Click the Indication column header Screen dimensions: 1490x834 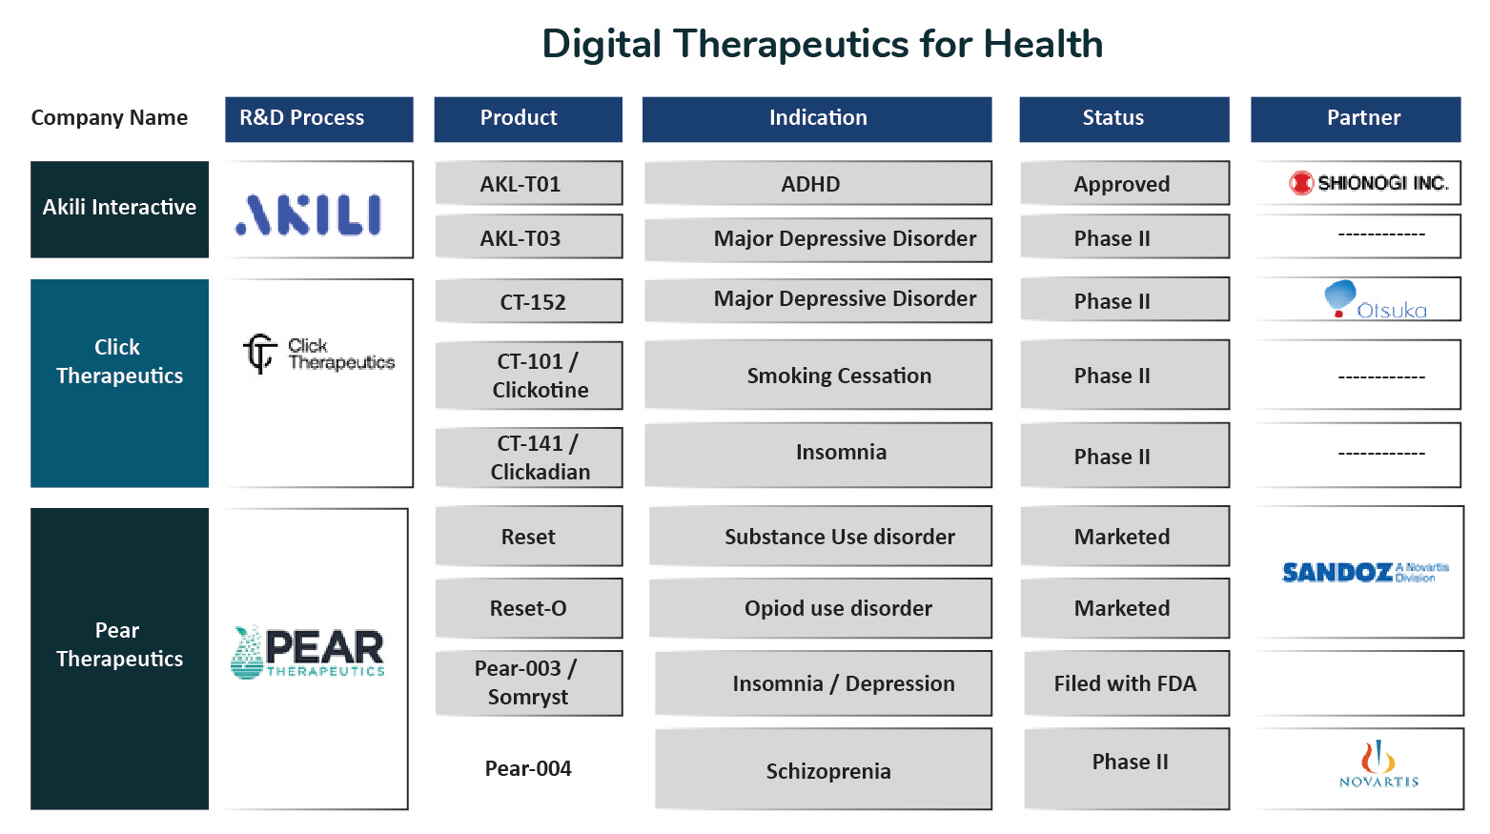(x=817, y=119)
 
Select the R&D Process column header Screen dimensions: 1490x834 (x=318, y=119)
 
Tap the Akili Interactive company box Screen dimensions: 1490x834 (x=120, y=209)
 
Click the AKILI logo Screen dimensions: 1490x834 (x=309, y=214)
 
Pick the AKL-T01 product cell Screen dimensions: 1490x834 (x=529, y=183)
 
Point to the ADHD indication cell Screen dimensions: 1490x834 (x=818, y=183)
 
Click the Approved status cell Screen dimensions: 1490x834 (x=1125, y=183)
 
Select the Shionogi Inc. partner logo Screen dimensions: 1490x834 (x=1368, y=183)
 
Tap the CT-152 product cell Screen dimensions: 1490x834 (x=529, y=301)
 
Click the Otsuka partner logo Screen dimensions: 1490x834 (x=1375, y=299)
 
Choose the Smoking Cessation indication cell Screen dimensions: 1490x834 (x=818, y=376)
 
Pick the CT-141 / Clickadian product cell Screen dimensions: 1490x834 (x=529, y=458)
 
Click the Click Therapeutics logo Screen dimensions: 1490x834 (x=318, y=354)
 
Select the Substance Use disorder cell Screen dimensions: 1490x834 (x=820, y=536)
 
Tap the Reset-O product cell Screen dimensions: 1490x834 (x=529, y=608)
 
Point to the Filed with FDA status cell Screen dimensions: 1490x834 (x=1126, y=683)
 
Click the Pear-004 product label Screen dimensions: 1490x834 (x=528, y=769)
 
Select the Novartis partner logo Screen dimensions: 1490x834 (x=1378, y=764)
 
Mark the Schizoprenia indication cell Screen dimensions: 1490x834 (x=823, y=769)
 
